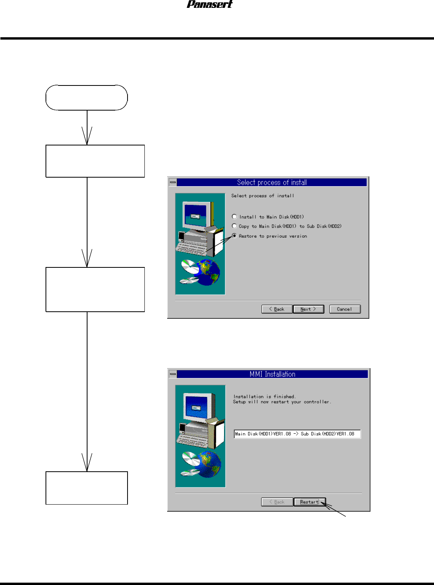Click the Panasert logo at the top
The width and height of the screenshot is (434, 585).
210,4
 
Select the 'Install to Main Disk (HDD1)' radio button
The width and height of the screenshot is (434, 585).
234,216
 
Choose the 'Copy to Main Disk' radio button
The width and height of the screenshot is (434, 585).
234,226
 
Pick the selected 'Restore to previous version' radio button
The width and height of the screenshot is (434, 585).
234,236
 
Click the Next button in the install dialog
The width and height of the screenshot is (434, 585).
308,309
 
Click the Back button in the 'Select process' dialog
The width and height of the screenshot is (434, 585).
277,309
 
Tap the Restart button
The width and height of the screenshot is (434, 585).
309,502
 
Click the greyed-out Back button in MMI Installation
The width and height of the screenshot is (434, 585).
277,502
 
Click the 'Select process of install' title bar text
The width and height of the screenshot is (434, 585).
272,182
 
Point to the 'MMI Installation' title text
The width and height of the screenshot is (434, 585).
272,374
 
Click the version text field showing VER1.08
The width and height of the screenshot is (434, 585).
297,434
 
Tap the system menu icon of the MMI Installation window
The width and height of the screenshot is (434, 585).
173,374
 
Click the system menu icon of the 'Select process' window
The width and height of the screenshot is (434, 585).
173,182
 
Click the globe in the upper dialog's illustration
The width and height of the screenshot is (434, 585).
208,273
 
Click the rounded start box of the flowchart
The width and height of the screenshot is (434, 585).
87,98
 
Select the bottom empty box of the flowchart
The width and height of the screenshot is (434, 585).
87,488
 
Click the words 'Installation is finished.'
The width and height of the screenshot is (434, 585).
264,396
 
